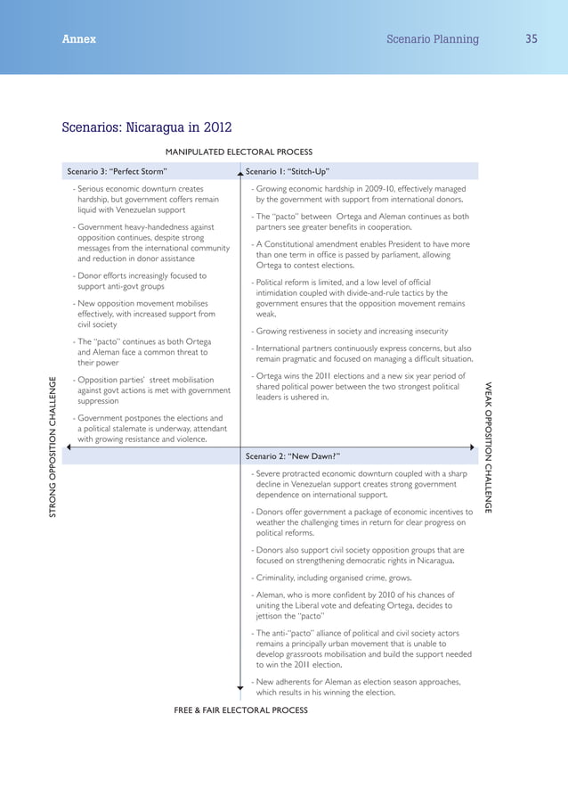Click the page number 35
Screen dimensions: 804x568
[x=531, y=39]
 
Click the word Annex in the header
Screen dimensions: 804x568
[x=79, y=39]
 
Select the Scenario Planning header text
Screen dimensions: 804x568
[x=433, y=39]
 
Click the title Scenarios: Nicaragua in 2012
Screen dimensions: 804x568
[x=146, y=127]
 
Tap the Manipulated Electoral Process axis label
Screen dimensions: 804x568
[x=239, y=152]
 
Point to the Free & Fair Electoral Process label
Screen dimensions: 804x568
[x=240, y=710]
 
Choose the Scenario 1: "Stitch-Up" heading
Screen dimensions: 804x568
[x=288, y=171]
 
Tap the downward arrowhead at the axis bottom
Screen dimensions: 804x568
[x=239, y=689]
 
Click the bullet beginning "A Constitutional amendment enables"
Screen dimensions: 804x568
[x=361, y=255]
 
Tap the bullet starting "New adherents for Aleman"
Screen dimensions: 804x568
[x=357, y=686]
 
